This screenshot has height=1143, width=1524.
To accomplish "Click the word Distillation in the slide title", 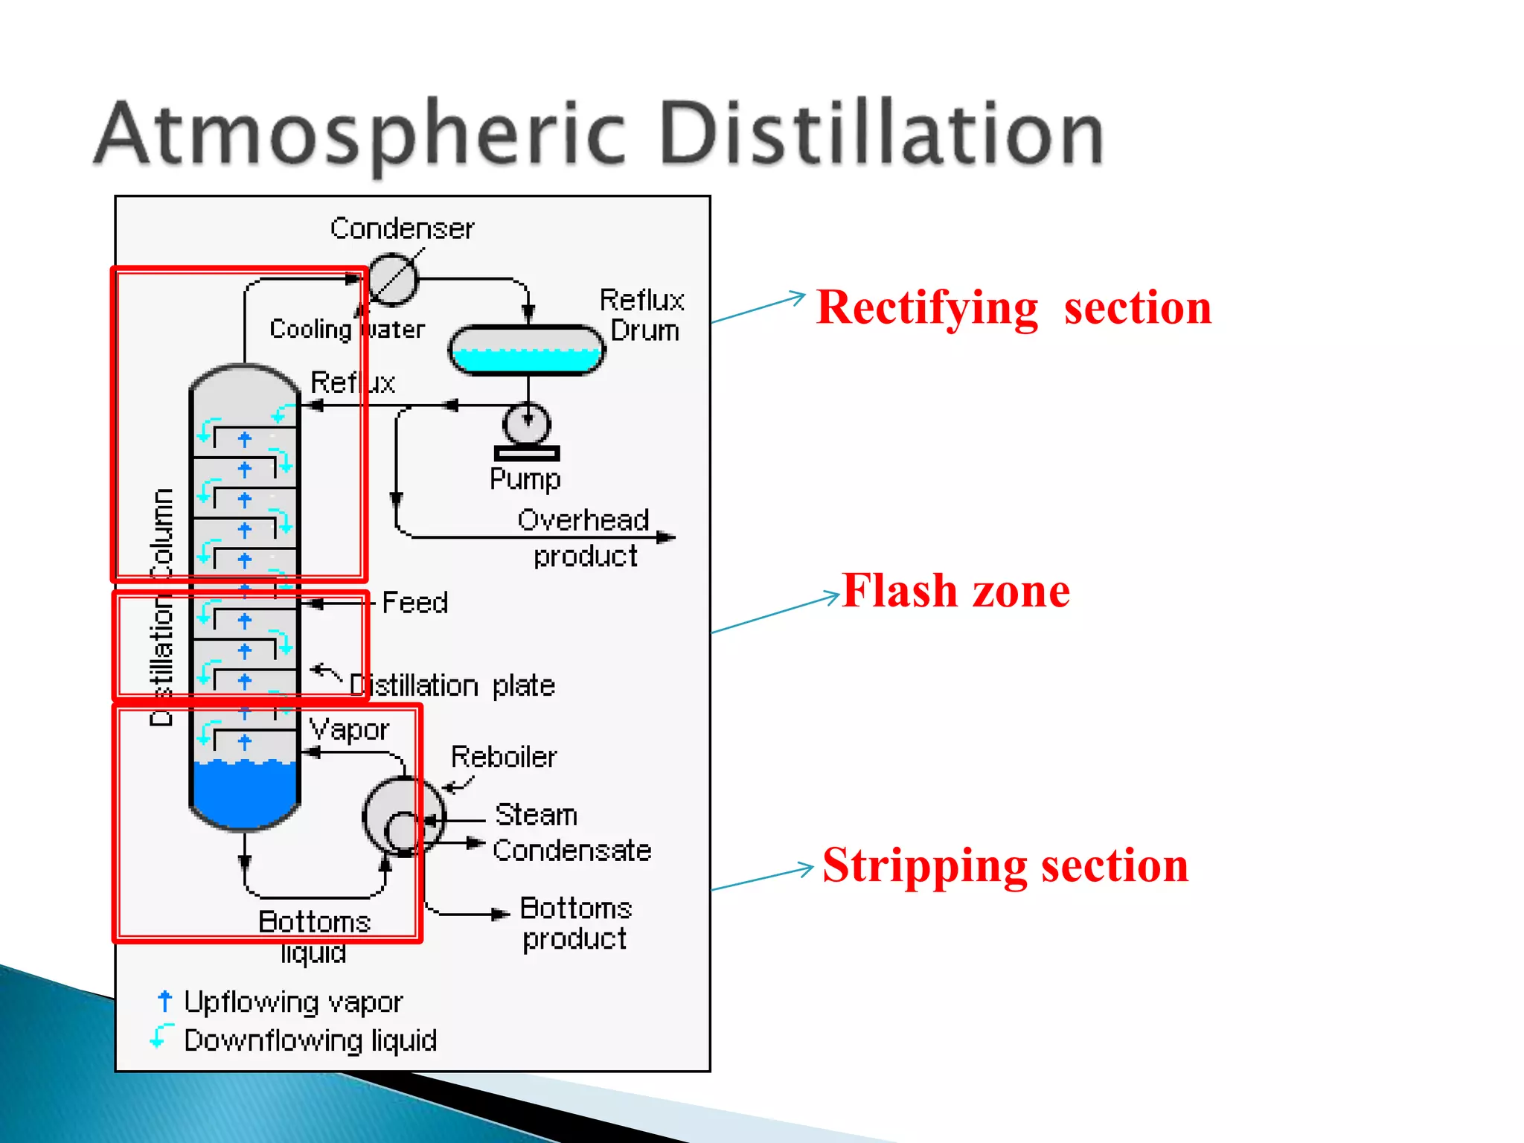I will point(882,134).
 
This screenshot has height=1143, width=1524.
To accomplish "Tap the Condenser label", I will point(402,228).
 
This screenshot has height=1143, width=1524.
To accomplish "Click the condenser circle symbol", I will point(393,280).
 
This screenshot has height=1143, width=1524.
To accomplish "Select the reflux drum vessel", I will point(526,350).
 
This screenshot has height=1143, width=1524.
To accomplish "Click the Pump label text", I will point(525,478).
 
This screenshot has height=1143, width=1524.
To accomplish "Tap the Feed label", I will point(414,603).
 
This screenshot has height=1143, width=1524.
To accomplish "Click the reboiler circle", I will point(403,817).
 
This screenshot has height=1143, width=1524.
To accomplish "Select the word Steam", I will point(536,815).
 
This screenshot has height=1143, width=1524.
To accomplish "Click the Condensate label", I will point(571,850).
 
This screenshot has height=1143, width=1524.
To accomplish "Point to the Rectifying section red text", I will point(1014,307).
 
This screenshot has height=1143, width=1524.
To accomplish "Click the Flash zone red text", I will point(955,591).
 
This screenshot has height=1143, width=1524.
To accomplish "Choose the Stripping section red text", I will point(1005,865).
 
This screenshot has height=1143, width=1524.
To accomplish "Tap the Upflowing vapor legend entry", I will point(292,1002).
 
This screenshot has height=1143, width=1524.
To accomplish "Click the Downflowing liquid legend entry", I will point(310,1040).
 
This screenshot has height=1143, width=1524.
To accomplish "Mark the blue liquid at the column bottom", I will point(244,793).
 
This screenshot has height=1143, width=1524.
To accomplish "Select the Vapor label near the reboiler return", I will point(348,729).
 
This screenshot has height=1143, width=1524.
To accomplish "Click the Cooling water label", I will point(347,328).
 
